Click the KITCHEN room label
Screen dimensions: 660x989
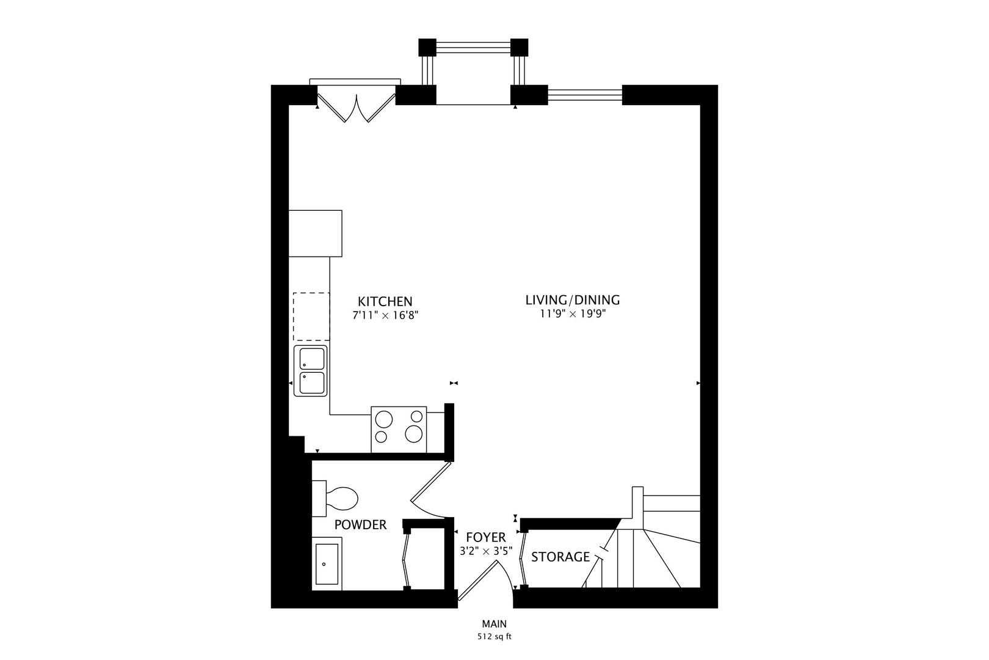click(385, 301)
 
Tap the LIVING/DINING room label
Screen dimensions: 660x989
click(572, 300)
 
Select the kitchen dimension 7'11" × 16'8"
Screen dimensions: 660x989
click(385, 315)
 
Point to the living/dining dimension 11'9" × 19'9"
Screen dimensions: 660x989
click(572, 314)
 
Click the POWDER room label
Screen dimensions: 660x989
click(360, 524)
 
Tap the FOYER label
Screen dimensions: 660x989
click(485, 537)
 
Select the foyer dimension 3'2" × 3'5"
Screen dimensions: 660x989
click(485, 551)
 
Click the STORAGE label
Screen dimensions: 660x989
click(560, 557)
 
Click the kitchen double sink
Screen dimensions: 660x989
click(311, 371)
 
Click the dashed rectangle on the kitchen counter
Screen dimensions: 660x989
click(311, 317)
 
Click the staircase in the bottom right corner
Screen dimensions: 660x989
click(653, 550)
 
